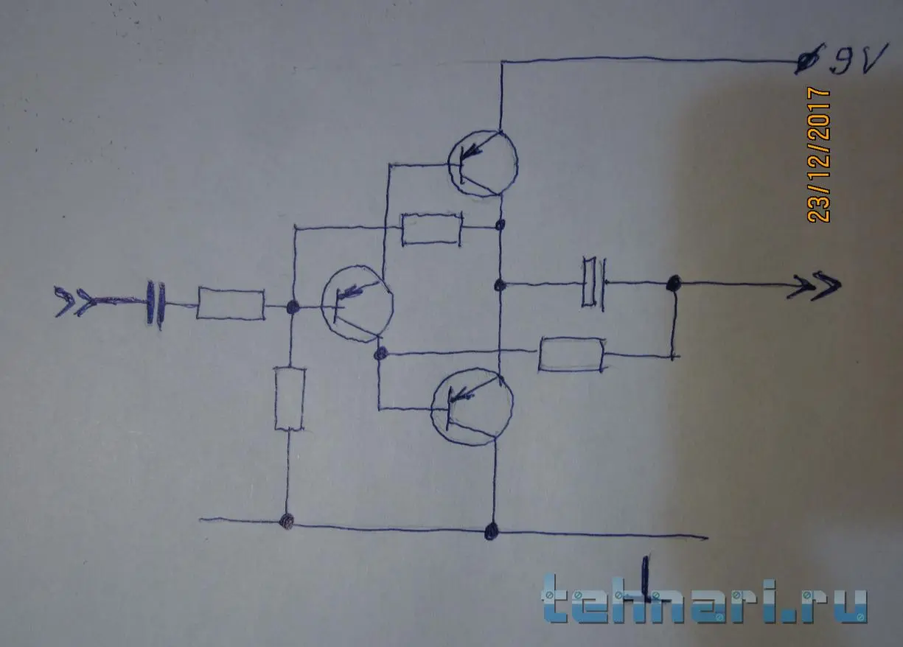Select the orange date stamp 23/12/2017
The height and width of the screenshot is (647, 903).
click(x=818, y=155)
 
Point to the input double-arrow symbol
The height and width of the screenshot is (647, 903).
click(x=77, y=301)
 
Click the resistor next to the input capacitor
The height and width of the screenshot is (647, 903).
click(x=230, y=304)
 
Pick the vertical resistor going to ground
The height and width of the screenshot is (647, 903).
click(x=289, y=399)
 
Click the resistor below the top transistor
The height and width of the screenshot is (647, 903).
click(x=431, y=229)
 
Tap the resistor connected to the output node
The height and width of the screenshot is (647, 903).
click(x=572, y=354)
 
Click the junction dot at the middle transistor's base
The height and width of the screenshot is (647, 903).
click(x=292, y=307)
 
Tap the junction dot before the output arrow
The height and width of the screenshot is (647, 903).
click(x=673, y=282)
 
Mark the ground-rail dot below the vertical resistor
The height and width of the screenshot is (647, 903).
click(x=287, y=522)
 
